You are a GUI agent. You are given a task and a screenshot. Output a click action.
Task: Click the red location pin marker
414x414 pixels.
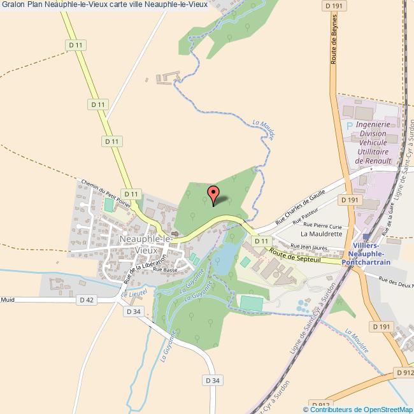[213, 194]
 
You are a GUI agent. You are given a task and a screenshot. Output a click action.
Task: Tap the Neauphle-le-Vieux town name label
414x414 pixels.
[145, 245]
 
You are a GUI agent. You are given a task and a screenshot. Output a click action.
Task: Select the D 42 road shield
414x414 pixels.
[87, 299]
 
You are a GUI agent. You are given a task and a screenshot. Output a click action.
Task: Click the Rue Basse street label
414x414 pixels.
[164, 269]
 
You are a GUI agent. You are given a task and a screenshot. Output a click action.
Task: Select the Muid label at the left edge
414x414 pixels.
[7, 299]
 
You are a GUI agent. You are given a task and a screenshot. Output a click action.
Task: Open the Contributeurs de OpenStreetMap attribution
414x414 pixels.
[357, 409]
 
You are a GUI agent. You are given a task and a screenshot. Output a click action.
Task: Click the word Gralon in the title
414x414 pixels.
[13, 4]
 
